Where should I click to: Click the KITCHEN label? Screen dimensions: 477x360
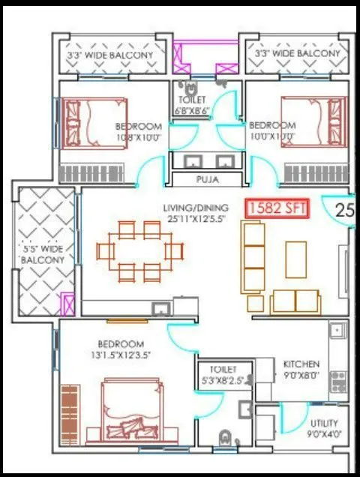tap(301, 364)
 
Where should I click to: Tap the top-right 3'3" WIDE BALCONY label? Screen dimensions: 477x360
tap(297, 55)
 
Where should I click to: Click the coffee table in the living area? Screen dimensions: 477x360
tap(295, 259)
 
